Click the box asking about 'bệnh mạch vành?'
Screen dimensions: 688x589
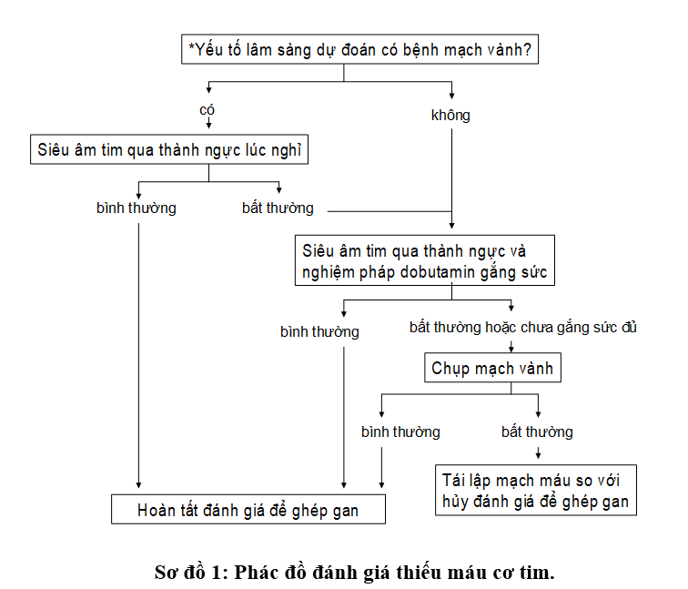[x=359, y=49]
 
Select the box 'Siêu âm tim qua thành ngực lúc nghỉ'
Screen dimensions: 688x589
[x=169, y=149]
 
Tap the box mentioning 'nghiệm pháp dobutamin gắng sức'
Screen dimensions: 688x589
[x=425, y=260]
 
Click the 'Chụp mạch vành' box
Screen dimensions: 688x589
[x=492, y=368]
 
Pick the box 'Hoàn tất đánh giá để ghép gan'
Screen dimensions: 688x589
[x=248, y=509]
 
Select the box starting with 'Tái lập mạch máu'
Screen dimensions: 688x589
[x=536, y=490]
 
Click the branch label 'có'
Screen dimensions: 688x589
[x=207, y=110]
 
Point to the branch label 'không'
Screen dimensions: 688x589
[x=450, y=115]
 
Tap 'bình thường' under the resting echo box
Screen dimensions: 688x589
[x=137, y=208]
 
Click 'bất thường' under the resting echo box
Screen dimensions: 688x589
[x=278, y=208]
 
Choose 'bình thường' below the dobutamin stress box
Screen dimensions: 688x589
[x=319, y=331]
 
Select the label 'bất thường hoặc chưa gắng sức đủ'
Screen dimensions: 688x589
[x=523, y=328]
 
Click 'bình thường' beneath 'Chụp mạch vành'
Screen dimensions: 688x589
[x=400, y=432]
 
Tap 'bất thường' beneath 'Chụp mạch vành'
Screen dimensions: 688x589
[x=537, y=432]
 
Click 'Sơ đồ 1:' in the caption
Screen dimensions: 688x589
[x=191, y=572]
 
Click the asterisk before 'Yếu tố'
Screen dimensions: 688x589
[x=191, y=46]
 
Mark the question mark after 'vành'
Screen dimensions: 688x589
[x=527, y=49]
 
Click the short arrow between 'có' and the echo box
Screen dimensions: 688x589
[x=209, y=123]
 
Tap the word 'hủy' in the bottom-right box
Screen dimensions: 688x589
[x=453, y=502]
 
